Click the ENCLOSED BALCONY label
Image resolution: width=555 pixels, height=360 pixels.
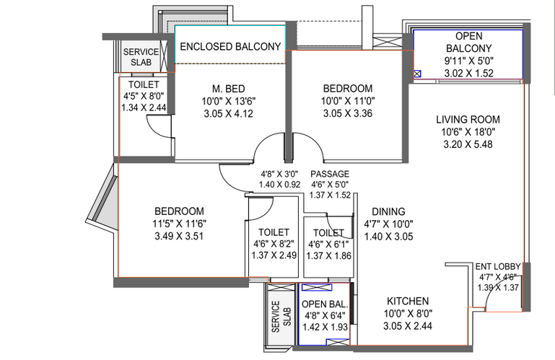pyautogui.click(x=230, y=47)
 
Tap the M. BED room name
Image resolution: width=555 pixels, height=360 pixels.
pyautogui.click(x=228, y=89)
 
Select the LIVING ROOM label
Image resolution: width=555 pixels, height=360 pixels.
pyautogui.click(x=468, y=119)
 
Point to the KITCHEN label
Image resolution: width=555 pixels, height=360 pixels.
pyautogui.click(x=408, y=302)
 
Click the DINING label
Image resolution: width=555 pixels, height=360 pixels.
pyautogui.click(x=388, y=211)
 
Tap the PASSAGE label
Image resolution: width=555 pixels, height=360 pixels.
pyautogui.click(x=330, y=174)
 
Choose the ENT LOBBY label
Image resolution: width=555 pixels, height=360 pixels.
pyautogui.click(x=498, y=266)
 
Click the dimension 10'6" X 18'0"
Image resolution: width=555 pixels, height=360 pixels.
pyautogui.click(x=468, y=132)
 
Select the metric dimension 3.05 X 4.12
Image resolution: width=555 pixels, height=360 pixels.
pyautogui.click(x=228, y=114)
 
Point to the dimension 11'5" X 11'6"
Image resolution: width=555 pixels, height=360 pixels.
pyautogui.click(x=180, y=224)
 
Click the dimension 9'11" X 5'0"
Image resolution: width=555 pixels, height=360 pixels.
pyautogui.click(x=468, y=61)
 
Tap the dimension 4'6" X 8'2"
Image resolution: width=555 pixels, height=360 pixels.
pyautogui.click(x=274, y=244)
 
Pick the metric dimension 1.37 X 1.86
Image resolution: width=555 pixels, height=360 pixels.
pyautogui.click(x=329, y=255)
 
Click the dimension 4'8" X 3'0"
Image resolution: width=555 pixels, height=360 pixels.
pyautogui.click(x=279, y=174)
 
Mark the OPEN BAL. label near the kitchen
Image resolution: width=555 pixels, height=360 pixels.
pyautogui.click(x=325, y=304)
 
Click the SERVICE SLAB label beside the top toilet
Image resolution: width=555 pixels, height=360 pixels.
pyautogui.click(x=141, y=57)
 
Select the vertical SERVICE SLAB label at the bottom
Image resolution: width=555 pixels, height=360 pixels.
pyautogui.click(x=281, y=317)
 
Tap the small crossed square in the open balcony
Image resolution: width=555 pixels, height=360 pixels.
pyautogui.click(x=417, y=74)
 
